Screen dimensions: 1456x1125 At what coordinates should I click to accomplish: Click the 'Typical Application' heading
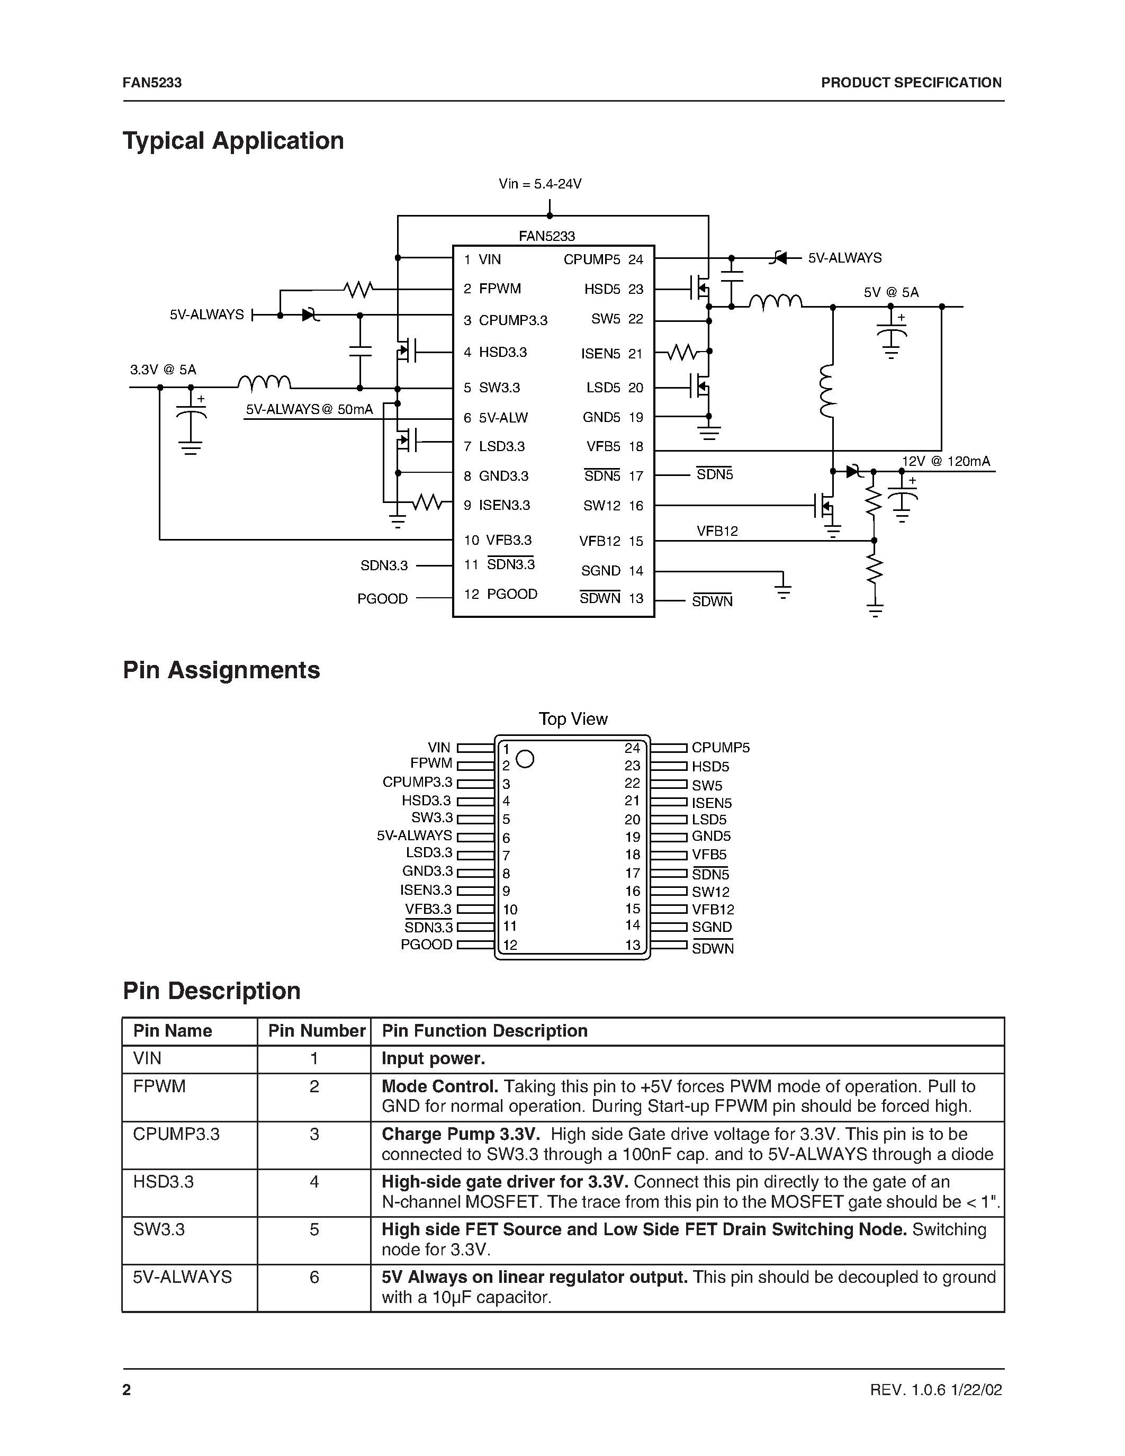(x=233, y=141)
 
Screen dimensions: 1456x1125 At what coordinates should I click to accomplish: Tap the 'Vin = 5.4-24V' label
(x=540, y=184)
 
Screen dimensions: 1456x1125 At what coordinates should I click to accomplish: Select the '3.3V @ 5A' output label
(x=163, y=370)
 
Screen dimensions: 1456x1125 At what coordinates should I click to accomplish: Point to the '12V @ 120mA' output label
(x=946, y=461)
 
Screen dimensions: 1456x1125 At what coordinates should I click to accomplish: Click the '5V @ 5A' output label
(x=891, y=292)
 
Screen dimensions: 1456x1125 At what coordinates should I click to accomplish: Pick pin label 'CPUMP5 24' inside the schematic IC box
(x=602, y=259)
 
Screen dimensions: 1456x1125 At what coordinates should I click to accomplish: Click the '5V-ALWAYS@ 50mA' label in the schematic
(x=309, y=409)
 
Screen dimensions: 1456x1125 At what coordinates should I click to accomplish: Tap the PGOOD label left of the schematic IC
(x=383, y=599)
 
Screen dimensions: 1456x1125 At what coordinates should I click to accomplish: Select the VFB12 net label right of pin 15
(x=717, y=532)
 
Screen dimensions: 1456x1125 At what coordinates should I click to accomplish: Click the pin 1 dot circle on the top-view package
(x=525, y=759)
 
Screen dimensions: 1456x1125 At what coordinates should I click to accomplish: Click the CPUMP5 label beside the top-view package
(x=721, y=748)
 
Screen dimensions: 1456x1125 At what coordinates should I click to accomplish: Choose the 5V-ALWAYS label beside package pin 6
(x=414, y=835)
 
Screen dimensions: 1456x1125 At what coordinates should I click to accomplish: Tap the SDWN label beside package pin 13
(x=713, y=948)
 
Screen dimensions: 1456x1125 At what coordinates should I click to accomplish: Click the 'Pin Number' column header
(x=317, y=1031)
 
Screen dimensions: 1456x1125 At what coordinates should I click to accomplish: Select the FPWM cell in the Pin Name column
(x=159, y=1086)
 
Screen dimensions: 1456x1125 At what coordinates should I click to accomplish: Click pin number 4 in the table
(x=314, y=1181)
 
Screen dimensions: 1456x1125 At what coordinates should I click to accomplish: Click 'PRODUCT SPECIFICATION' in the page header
(x=911, y=83)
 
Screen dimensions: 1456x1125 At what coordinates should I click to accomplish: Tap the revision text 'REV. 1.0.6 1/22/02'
(x=935, y=1389)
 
